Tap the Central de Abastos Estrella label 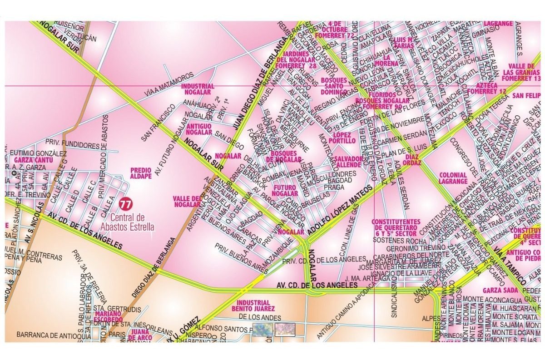(x=131, y=222)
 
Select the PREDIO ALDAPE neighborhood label (x=140, y=173)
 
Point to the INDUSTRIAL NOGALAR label (x=198, y=89)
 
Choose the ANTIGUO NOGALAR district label (x=199, y=128)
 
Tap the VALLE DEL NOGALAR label (x=187, y=201)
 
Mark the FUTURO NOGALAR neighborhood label (x=285, y=190)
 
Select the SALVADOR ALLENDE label (x=349, y=162)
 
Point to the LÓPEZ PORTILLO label (x=344, y=138)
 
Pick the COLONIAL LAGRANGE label (x=453, y=178)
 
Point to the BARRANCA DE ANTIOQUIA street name (x=46, y=335)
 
